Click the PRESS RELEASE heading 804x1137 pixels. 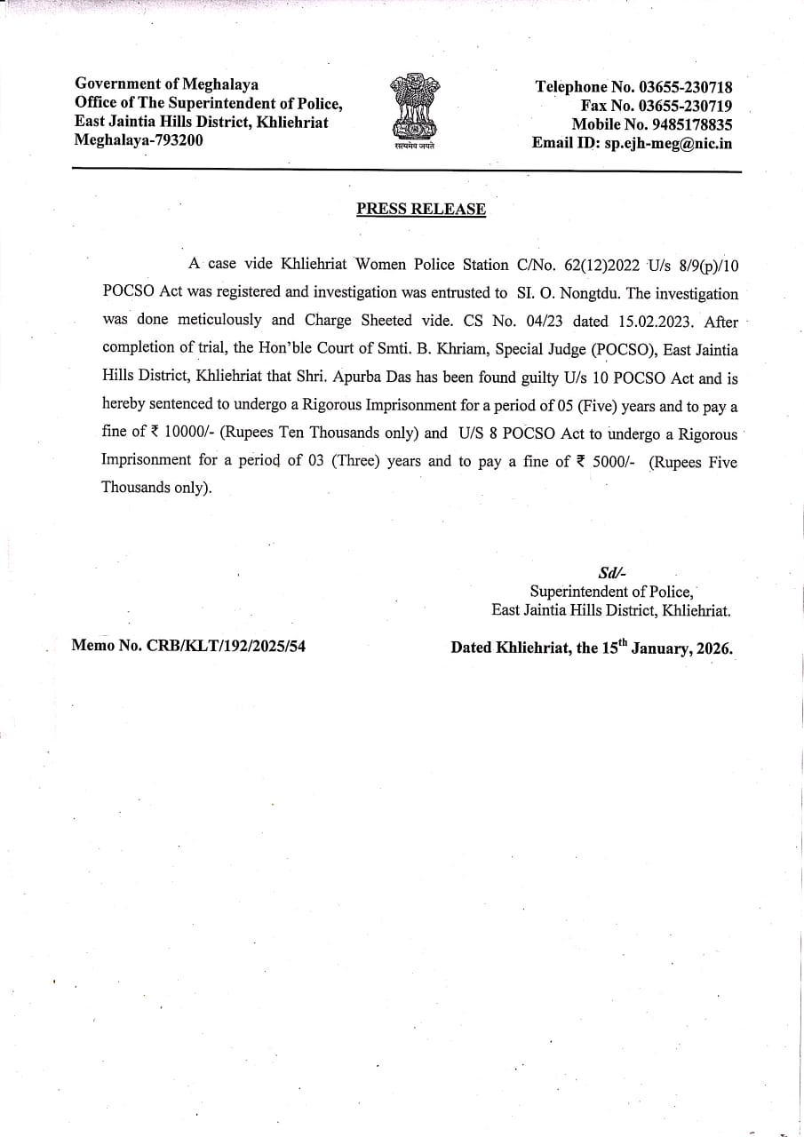click(421, 210)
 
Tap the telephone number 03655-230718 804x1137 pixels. click(685, 87)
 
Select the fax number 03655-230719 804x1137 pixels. click(685, 106)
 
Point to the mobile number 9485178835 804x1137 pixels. click(689, 124)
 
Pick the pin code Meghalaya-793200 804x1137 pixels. click(138, 140)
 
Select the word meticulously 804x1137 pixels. click(219, 321)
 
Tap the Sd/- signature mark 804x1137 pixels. click(613, 574)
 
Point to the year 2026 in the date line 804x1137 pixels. click(713, 648)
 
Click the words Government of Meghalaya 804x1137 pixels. click(167, 84)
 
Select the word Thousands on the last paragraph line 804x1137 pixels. click(136, 488)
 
